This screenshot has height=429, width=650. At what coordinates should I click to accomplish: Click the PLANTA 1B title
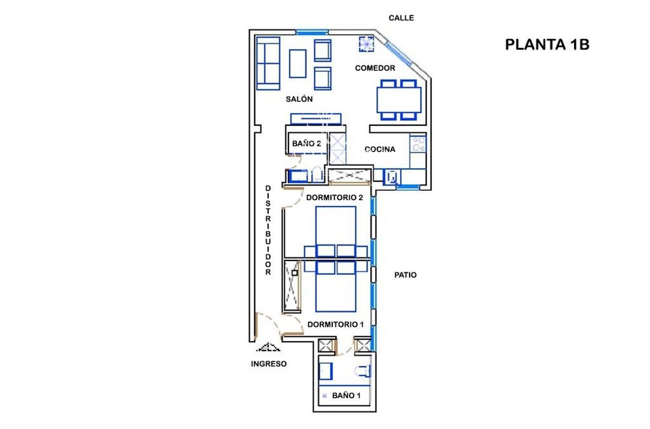(x=547, y=45)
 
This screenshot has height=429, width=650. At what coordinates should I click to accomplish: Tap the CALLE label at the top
(x=401, y=18)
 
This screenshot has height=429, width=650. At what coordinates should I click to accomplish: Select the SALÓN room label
(x=299, y=99)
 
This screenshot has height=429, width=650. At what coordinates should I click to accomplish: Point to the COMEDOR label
(x=375, y=68)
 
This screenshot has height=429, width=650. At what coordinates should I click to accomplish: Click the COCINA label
(x=380, y=149)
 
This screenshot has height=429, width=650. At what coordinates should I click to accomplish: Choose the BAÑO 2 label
(x=306, y=143)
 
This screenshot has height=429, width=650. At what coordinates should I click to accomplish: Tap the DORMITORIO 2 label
(x=335, y=197)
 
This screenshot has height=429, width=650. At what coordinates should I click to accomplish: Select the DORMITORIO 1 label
(x=335, y=324)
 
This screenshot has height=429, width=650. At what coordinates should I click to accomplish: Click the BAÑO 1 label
(x=346, y=395)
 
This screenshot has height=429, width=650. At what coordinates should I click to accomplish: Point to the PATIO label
(x=405, y=275)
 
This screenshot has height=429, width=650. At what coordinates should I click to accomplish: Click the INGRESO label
(x=269, y=364)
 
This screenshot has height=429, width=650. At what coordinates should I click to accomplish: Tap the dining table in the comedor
(x=399, y=100)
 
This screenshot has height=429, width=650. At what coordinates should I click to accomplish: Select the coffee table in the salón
(x=298, y=64)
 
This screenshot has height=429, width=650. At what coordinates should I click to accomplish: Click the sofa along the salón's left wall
(x=268, y=63)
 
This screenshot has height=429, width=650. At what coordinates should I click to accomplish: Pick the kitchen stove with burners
(x=418, y=144)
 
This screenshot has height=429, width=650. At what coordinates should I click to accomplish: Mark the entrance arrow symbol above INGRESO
(x=268, y=347)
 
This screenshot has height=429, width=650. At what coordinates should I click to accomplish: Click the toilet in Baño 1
(x=363, y=371)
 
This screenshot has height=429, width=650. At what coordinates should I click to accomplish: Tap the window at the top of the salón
(x=312, y=32)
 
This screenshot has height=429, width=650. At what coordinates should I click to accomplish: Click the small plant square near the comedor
(x=366, y=44)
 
